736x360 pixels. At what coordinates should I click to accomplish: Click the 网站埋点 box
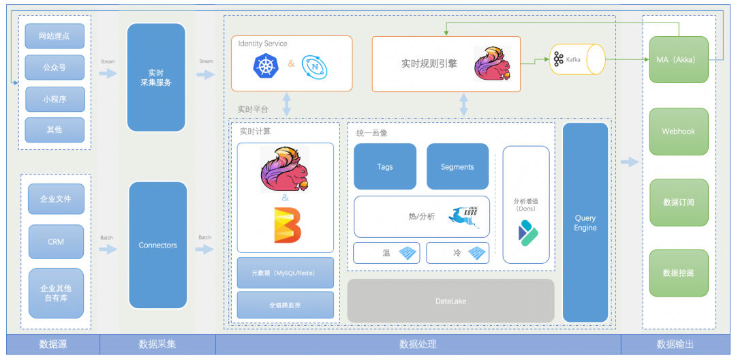pos(55,36)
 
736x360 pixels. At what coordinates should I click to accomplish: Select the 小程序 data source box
pos(55,99)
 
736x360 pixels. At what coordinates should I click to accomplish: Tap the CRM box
pos(56,242)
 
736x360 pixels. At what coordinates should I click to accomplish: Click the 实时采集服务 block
pos(156,77)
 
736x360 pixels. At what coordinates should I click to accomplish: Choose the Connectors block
pos(157,245)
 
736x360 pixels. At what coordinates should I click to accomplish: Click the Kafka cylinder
pos(578,59)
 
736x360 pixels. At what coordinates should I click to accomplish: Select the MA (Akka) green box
pos(679,60)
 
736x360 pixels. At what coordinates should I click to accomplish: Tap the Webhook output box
pos(679,132)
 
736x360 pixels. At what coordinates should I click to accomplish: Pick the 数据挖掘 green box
pos(679,273)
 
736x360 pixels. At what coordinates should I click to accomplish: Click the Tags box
pos(384,166)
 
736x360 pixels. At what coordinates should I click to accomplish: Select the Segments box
pos(457,166)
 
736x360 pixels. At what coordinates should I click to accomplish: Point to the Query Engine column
pos(585,223)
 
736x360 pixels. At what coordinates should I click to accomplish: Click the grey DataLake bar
pos(450,301)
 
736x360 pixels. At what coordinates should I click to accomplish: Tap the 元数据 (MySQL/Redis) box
pos(286,273)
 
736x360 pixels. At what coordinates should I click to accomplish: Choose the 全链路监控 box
pos(286,305)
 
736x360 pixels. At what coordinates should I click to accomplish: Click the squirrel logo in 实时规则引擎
pos(492,64)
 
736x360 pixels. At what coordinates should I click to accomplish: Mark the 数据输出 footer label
pos(678,344)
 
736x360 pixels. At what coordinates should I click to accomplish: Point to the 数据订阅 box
pos(679,202)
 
